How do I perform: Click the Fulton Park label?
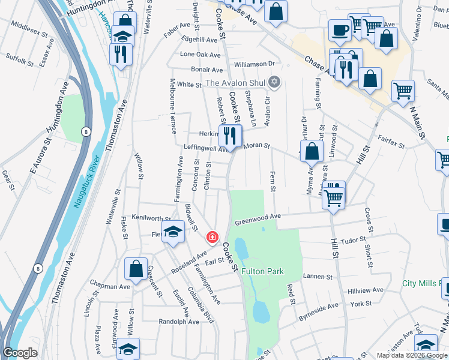click(262, 272)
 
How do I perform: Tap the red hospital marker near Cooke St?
click(212, 238)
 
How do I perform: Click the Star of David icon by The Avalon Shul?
click(274, 82)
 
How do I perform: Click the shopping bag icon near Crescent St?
click(136, 269)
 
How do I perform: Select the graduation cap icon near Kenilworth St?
click(173, 233)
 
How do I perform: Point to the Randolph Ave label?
click(179, 322)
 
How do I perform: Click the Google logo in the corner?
click(20, 353)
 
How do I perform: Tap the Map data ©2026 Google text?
click(412, 355)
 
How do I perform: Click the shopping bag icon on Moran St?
click(312, 152)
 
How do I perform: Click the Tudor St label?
click(352, 241)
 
